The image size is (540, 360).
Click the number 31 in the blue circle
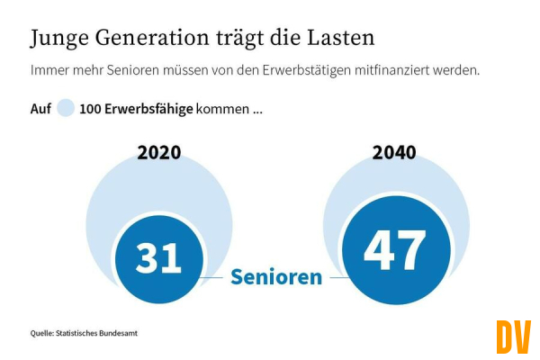158,256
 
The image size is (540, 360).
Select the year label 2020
159,152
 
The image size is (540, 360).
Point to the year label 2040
394,152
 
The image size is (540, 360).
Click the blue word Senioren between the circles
276,277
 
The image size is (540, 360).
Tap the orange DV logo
513,337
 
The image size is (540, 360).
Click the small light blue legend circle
66,109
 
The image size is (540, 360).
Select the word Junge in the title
61,40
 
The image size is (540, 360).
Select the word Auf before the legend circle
40,109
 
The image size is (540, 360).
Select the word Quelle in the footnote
41,334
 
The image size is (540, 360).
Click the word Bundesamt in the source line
118,334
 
